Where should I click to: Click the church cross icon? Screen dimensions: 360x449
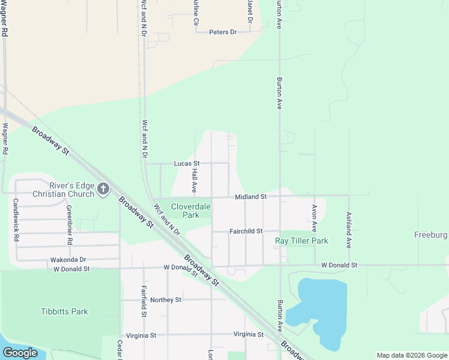(103, 190)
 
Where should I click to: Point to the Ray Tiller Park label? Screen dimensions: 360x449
(301, 241)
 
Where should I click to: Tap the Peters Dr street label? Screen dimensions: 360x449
(223, 32)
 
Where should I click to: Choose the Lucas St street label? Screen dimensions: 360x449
(186, 163)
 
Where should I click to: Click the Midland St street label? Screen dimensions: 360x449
(250, 197)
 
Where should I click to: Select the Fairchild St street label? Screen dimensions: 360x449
(246, 231)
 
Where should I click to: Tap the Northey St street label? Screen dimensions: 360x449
(166, 299)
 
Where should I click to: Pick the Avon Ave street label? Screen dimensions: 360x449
(314, 218)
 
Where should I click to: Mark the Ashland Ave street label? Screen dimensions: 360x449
(348, 230)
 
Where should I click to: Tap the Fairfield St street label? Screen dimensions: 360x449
(144, 301)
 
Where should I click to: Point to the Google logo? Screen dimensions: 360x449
(20, 353)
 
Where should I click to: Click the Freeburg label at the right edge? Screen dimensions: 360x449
(430, 234)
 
